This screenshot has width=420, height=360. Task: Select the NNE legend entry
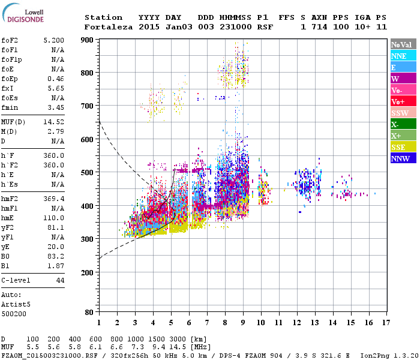[399, 56]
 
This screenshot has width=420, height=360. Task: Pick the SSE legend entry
[400, 148]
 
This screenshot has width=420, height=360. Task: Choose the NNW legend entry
[400, 159]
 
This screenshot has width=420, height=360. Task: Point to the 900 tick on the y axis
[88, 40]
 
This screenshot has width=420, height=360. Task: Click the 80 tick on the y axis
[89, 312]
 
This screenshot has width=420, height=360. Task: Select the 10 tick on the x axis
[260, 322]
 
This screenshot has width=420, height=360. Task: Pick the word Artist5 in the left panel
[16, 304]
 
